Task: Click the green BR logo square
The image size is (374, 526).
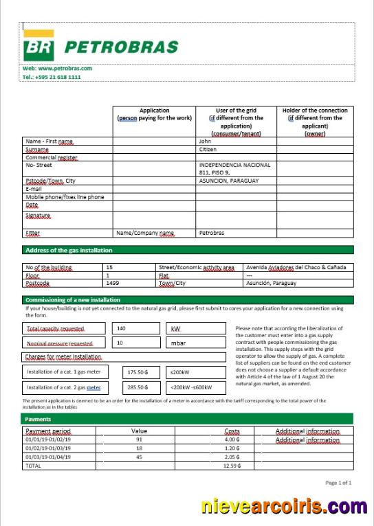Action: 38,47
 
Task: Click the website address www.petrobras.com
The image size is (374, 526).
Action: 57,69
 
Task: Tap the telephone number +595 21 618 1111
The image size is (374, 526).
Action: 52,77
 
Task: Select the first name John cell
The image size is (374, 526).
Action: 205,141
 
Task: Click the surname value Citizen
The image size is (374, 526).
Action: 208,149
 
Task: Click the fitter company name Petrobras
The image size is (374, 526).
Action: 212,233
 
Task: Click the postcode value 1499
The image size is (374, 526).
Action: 112,283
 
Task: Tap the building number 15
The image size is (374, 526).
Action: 109,266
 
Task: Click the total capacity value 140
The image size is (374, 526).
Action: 122,328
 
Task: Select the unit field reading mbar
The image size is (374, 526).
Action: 178,342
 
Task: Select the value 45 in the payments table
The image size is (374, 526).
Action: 139,456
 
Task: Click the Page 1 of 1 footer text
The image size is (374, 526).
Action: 338,483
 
